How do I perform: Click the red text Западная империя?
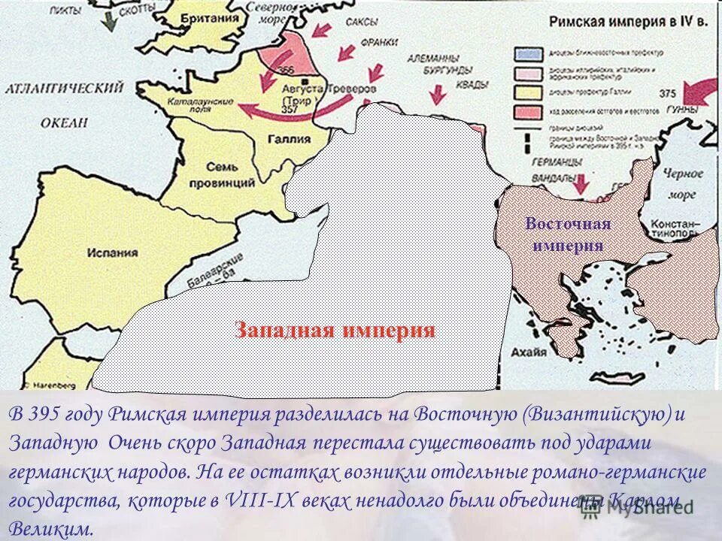[x=335, y=331]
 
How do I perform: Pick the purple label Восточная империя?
[x=568, y=234]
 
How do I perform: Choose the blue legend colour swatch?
[x=523, y=54]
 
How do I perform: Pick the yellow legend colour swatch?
[x=523, y=93]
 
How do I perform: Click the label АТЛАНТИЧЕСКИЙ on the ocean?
[x=65, y=89]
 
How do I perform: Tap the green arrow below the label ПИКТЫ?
[x=111, y=24]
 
